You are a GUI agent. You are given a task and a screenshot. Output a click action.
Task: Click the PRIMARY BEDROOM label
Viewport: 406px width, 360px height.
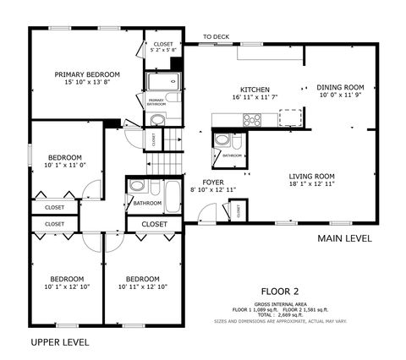(81, 74)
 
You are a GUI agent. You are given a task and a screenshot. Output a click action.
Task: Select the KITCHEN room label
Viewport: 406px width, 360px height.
(255, 90)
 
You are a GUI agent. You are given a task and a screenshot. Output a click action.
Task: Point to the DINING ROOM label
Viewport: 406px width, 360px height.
(340, 87)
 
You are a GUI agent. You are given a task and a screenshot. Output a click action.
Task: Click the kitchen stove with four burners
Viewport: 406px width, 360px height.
(252, 119)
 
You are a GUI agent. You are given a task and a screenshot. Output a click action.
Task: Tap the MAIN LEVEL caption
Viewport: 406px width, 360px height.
(344, 238)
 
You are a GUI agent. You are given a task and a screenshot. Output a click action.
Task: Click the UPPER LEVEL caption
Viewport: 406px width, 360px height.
(59, 342)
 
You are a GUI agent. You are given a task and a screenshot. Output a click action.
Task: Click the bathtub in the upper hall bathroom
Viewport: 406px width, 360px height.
(173, 196)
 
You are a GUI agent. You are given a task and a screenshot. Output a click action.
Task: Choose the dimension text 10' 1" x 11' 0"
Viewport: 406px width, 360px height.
(64, 166)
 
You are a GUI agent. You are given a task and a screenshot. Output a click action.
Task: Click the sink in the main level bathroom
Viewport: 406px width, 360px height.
(221, 139)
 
